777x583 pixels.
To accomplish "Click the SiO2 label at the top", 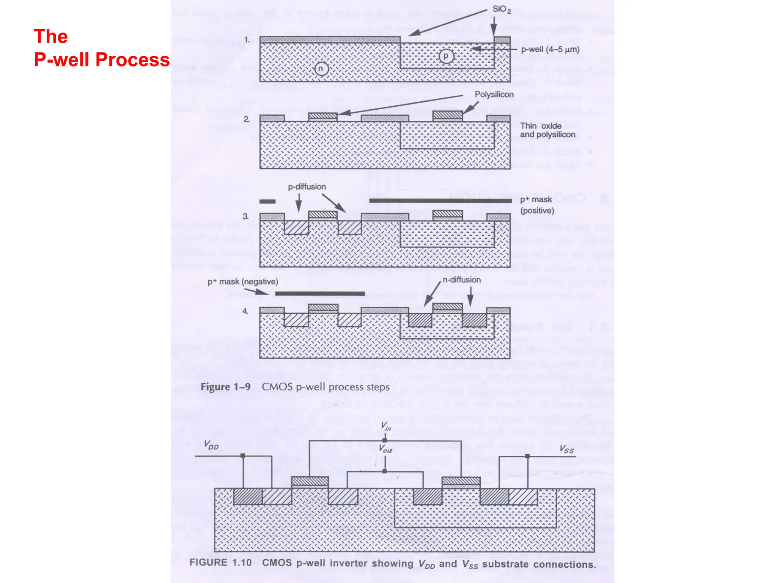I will click(501, 9).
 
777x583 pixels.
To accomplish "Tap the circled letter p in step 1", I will click(446, 56).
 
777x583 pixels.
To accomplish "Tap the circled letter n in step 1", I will click(321, 69).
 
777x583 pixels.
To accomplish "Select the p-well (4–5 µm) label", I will click(550, 49).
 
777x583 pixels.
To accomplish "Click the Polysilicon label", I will click(494, 94).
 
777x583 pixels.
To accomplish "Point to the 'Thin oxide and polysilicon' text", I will click(547, 130).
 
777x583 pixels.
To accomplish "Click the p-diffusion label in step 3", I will click(307, 187).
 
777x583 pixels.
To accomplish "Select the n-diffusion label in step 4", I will click(461, 280).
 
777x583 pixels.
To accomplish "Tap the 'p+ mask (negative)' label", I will click(242, 282).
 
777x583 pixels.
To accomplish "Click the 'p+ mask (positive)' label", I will click(536, 205).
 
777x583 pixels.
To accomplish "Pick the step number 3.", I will click(245, 216).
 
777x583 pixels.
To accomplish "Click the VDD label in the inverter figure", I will click(211, 445).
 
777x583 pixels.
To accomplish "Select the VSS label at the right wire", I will click(566, 449).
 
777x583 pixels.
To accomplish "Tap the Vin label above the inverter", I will click(386, 426).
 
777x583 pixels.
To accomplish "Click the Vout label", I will click(386, 449).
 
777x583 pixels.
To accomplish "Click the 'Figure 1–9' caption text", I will click(226, 387).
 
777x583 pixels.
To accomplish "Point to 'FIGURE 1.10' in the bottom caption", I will click(220, 563).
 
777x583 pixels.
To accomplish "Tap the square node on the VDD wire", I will click(243, 455).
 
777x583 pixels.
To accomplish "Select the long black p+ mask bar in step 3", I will click(440, 200).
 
